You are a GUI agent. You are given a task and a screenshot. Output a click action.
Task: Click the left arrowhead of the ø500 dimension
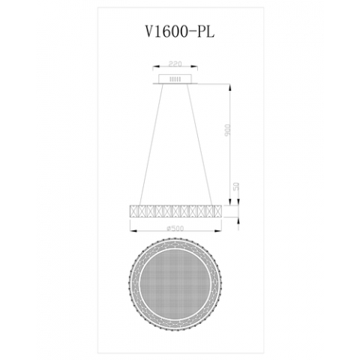[x=132, y=229]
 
